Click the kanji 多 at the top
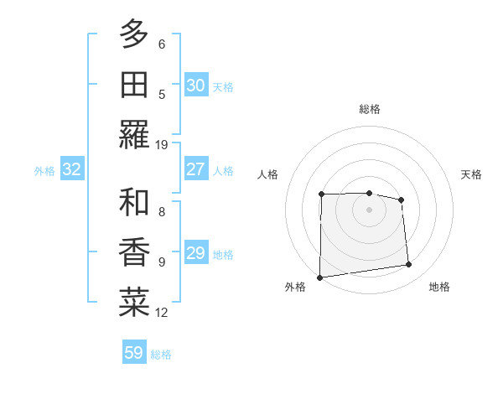coord(134,34)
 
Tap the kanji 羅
coord(134,134)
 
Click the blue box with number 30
coord(195,86)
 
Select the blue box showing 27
coord(195,169)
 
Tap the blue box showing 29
coord(195,253)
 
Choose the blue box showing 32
coord(71,169)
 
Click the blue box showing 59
coord(133,353)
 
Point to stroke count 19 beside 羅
coord(162,144)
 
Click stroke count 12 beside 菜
coord(162,313)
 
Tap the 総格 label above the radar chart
coord(369,109)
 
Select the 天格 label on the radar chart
coord(472,174)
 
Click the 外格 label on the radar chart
coord(295,287)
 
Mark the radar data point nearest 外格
coord(319,277)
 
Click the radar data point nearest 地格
coord(409,265)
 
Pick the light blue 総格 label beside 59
coord(161,354)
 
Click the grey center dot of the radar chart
coord(369,210)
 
